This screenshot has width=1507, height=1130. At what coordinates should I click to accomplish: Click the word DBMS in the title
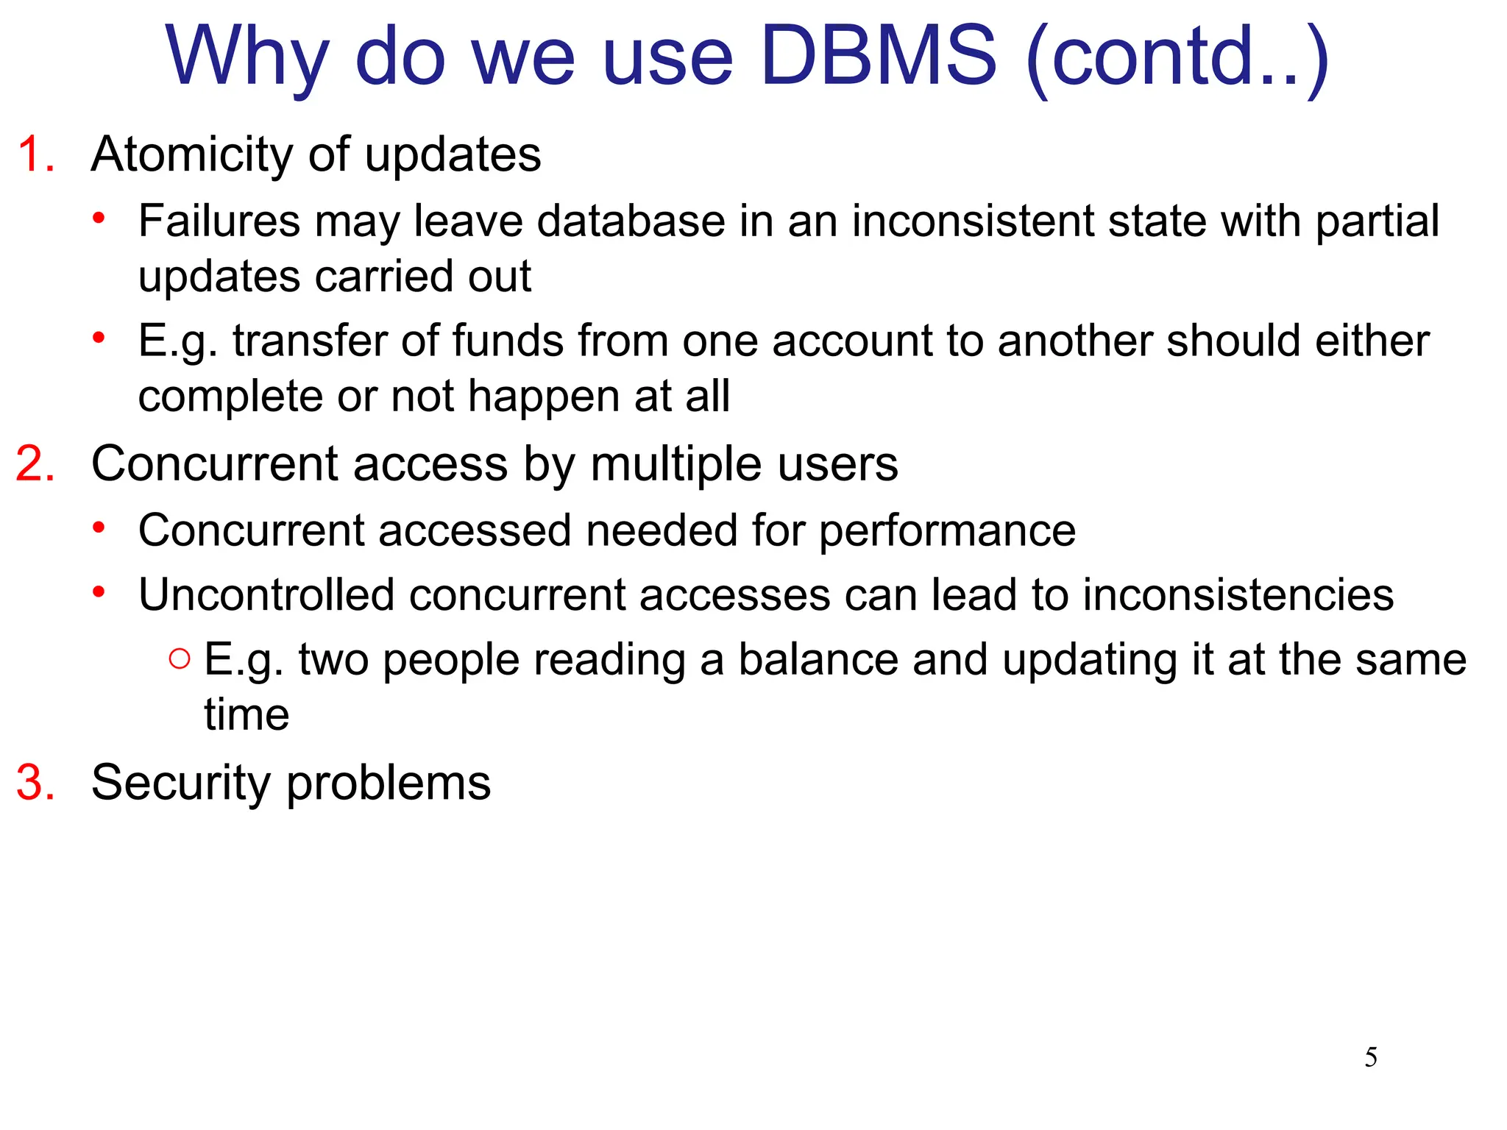[x=879, y=56]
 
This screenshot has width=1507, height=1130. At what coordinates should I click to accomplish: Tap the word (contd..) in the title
[x=1177, y=57]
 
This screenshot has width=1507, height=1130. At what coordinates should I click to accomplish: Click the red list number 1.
[x=36, y=155]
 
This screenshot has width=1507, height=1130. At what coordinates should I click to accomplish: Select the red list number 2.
[x=36, y=464]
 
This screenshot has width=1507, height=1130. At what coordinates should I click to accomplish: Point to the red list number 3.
[x=36, y=782]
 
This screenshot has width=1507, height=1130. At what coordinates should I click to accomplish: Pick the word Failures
[x=219, y=221]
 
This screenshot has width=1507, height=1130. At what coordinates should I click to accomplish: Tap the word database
[x=631, y=221]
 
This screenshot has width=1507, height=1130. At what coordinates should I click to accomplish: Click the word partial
[x=1377, y=221]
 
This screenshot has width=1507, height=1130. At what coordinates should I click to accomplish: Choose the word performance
[x=947, y=531]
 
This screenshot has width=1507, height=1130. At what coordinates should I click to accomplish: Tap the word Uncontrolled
[x=266, y=594]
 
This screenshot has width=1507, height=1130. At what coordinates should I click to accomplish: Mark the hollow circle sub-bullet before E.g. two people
[x=179, y=658]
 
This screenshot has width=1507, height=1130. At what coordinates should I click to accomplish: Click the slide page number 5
[x=1371, y=1058]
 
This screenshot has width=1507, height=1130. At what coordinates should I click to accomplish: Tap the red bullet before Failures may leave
[x=99, y=218]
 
